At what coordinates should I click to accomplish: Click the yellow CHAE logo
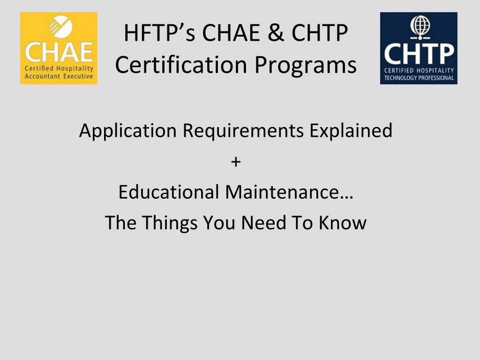[59, 48]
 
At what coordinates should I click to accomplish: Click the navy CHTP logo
[419, 48]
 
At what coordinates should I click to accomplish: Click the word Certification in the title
[181, 65]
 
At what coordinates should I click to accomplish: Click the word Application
[128, 131]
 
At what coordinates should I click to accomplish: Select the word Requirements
[243, 131]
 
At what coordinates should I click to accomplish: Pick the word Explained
[351, 131]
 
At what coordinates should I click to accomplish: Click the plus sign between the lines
[236, 162]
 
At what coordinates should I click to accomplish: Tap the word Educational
[169, 192]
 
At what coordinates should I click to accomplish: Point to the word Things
[170, 223]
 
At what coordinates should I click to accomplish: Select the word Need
[264, 222]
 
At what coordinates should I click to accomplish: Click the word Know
[343, 222]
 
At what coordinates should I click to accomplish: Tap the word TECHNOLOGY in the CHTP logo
[400, 78]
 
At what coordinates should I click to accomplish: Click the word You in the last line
[219, 222]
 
